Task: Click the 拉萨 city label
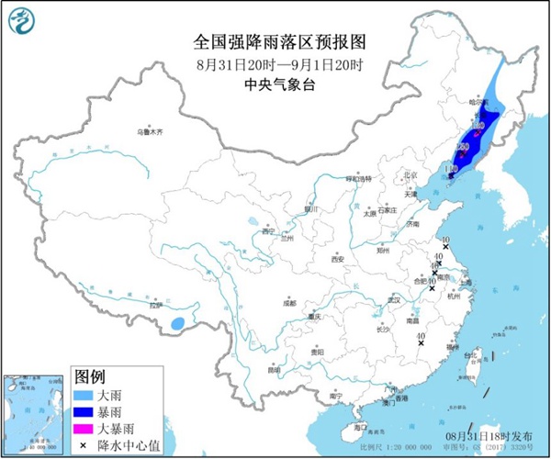(x=156, y=304)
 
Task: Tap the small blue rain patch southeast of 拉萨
(x=180, y=322)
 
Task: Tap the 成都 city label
(x=290, y=301)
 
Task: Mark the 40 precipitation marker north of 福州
(x=421, y=339)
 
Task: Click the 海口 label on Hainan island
(x=359, y=427)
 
